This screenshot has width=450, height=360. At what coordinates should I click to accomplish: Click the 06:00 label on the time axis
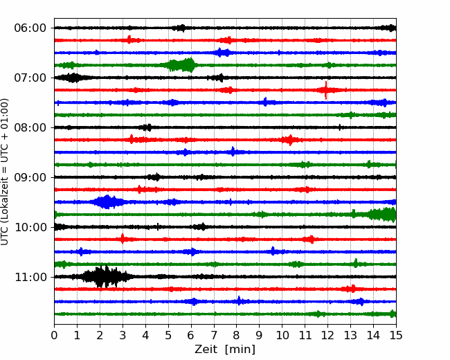coord(30,28)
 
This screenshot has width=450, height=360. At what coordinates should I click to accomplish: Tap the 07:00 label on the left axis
coord(30,78)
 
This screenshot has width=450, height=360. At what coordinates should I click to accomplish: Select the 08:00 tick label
coord(30,127)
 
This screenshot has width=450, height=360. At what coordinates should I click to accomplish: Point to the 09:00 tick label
coord(30,177)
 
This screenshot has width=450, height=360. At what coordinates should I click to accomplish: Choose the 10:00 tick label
coord(30,227)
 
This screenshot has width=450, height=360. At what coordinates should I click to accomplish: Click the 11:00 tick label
coord(30,277)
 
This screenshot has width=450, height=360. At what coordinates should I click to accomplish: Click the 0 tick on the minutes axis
coord(54,335)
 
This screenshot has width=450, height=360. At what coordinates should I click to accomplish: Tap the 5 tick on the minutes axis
coord(168,335)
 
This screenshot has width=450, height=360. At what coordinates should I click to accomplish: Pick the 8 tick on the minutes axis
coord(237,335)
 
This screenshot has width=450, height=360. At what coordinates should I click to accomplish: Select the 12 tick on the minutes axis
coord(327,335)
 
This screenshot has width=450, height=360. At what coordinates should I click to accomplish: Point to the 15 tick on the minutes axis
coord(396,335)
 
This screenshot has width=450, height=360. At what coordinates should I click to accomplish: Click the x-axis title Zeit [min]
coord(225,350)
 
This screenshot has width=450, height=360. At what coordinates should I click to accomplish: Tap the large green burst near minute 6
coord(181,65)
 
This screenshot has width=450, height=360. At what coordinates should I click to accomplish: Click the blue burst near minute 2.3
coord(107,202)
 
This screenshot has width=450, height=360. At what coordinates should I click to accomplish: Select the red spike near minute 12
coord(326,90)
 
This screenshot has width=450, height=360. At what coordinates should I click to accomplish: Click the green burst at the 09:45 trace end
coord(384,214)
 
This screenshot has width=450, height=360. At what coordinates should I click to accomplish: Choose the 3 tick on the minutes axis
coord(123,335)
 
